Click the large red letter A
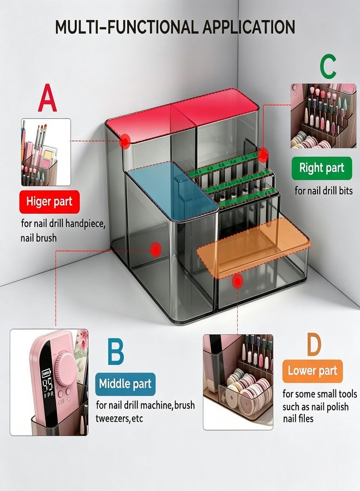[x=47, y=98]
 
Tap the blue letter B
[x=116, y=351]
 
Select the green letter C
[x=328, y=67]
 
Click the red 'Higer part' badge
[x=50, y=202]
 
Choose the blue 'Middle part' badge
[x=125, y=384]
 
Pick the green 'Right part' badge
[x=322, y=168]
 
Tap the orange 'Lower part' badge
[x=313, y=371]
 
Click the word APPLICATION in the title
[x=249, y=27]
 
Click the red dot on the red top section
[x=125, y=141]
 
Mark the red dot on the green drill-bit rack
[x=263, y=155]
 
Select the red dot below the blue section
[x=155, y=250]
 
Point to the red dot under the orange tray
[x=238, y=281]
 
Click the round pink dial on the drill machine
[x=65, y=367]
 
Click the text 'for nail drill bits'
[x=323, y=191]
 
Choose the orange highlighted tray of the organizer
[x=254, y=248]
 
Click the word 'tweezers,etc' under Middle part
[x=119, y=418]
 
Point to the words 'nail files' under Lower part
[x=298, y=418]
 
